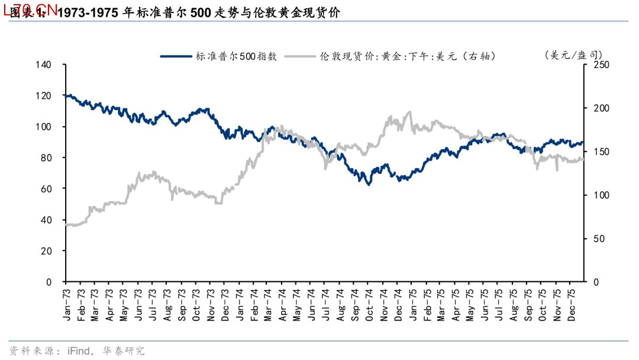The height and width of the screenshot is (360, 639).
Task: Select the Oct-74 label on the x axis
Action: click(x=368, y=305)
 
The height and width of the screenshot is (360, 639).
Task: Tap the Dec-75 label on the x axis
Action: click(x=572, y=305)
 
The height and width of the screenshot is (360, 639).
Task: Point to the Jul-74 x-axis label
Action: click(x=325, y=305)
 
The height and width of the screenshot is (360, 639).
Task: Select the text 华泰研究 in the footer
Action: click(x=124, y=351)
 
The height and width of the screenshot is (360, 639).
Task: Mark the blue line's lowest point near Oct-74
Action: click(x=369, y=184)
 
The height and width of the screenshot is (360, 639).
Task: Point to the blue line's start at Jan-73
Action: click(x=66, y=95)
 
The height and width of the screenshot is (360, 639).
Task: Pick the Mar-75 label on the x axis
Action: click(x=441, y=305)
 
